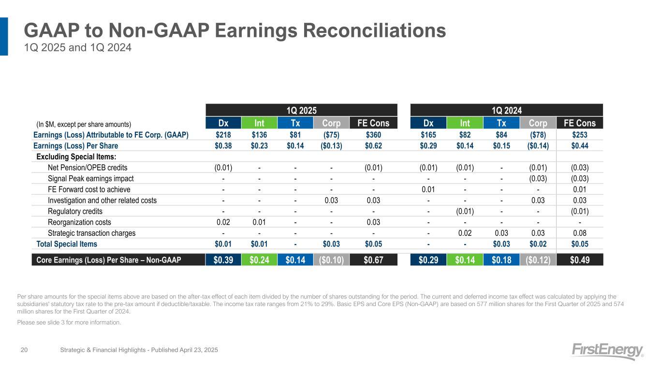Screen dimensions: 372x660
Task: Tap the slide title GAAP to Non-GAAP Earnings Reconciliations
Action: coord(235,31)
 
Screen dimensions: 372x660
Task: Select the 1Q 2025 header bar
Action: coord(302,110)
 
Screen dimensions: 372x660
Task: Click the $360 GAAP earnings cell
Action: coord(373,135)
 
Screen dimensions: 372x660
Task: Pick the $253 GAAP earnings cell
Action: coord(580,135)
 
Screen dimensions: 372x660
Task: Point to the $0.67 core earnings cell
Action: coord(373,260)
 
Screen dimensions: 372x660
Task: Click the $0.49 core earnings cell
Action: coord(580,260)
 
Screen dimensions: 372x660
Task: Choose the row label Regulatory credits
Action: coord(75,211)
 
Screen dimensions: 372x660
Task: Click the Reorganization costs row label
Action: coord(79,222)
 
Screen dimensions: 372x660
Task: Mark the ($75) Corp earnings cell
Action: coord(331,135)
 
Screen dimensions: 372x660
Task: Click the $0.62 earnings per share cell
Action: coord(373,146)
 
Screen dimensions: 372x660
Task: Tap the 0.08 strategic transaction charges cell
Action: coord(580,233)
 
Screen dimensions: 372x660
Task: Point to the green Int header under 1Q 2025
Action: coord(260,123)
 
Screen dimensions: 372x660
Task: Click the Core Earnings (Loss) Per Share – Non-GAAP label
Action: coord(109,260)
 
